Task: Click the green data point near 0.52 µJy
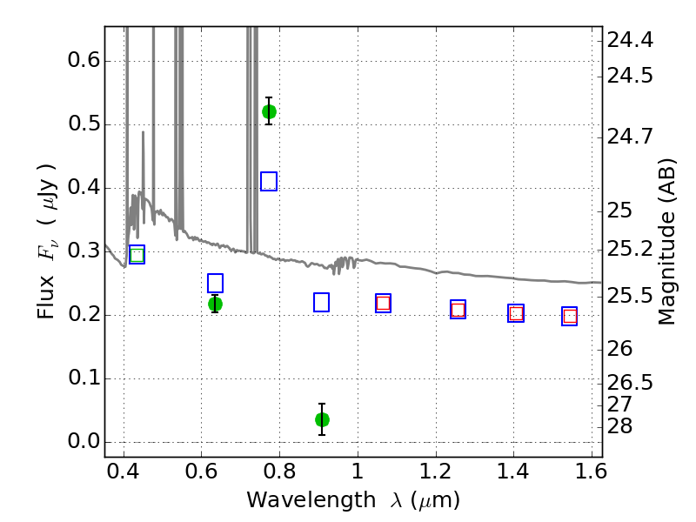[x=269, y=112]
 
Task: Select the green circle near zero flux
[x=322, y=419]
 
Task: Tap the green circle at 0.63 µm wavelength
[x=215, y=304]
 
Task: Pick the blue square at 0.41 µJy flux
[x=269, y=181]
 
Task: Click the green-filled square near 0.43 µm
[x=137, y=255]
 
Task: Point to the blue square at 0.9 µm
[x=321, y=302]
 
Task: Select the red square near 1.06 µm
[x=383, y=303]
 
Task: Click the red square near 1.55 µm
[x=570, y=317]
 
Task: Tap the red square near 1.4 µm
[x=516, y=314]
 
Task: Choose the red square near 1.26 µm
[x=458, y=310]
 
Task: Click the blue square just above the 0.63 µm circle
[x=215, y=284]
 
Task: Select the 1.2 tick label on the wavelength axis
[x=436, y=471]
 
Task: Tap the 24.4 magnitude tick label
[x=630, y=40]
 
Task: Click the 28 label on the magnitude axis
[x=619, y=426]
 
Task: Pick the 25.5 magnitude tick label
[x=630, y=296]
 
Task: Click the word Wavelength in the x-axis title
[x=311, y=500]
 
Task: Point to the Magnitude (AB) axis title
[x=666, y=242]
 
